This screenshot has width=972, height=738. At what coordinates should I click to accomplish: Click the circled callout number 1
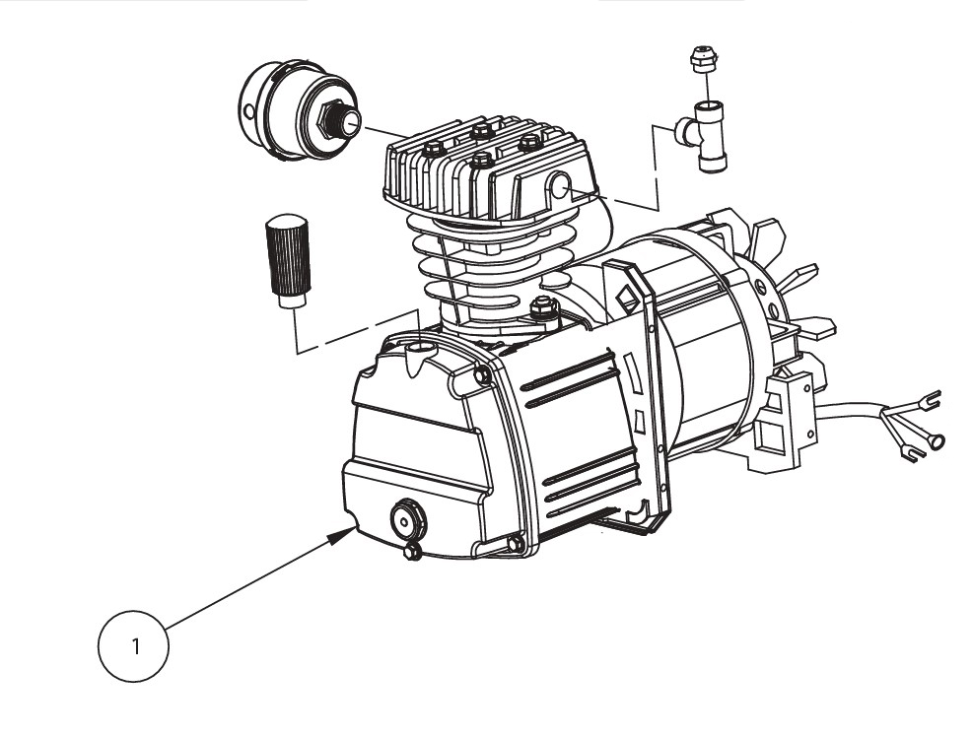coord(134,647)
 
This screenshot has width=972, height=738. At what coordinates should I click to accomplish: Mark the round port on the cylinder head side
coord(562,185)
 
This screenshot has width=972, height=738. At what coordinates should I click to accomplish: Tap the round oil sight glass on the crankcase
coord(406,518)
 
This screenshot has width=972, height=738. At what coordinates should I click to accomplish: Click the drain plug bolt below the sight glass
coord(413,552)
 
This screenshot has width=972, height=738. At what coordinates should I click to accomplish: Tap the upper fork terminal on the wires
coord(924,399)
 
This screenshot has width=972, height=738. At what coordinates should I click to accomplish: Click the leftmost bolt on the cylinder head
coord(432,150)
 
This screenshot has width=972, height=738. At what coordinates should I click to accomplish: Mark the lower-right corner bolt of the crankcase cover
coord(516,543)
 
